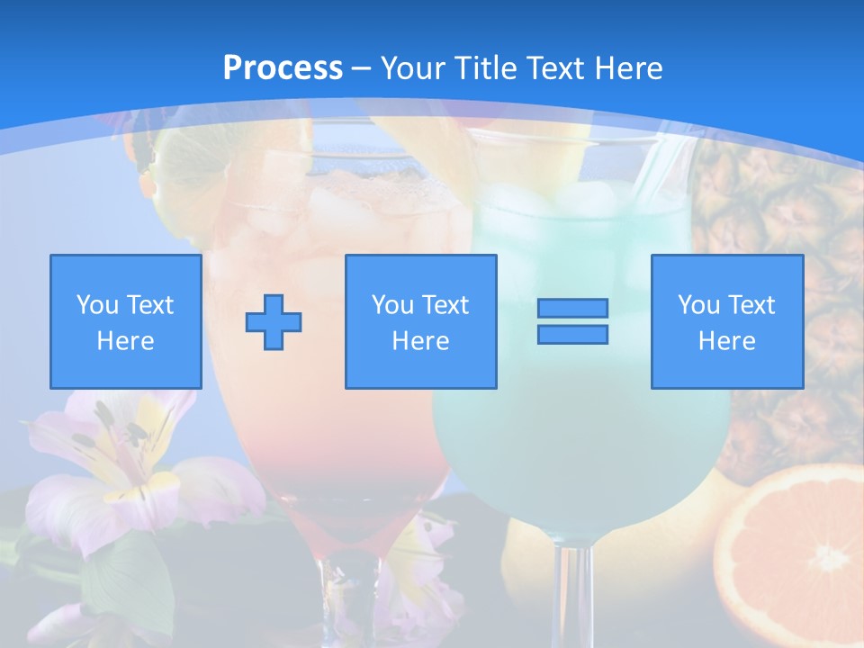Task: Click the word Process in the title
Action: coord(283,67)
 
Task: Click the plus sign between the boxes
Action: coord(274,321)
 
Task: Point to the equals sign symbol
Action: coord(572,321)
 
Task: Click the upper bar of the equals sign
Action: coord(572,309)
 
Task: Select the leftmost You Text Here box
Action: coord(125,321)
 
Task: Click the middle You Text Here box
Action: coord(420,321)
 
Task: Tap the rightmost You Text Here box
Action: coord(726,321)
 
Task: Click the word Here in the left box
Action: coord(125,341)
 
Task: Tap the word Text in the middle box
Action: coord(445,305)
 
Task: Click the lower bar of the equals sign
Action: coord(572,334)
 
